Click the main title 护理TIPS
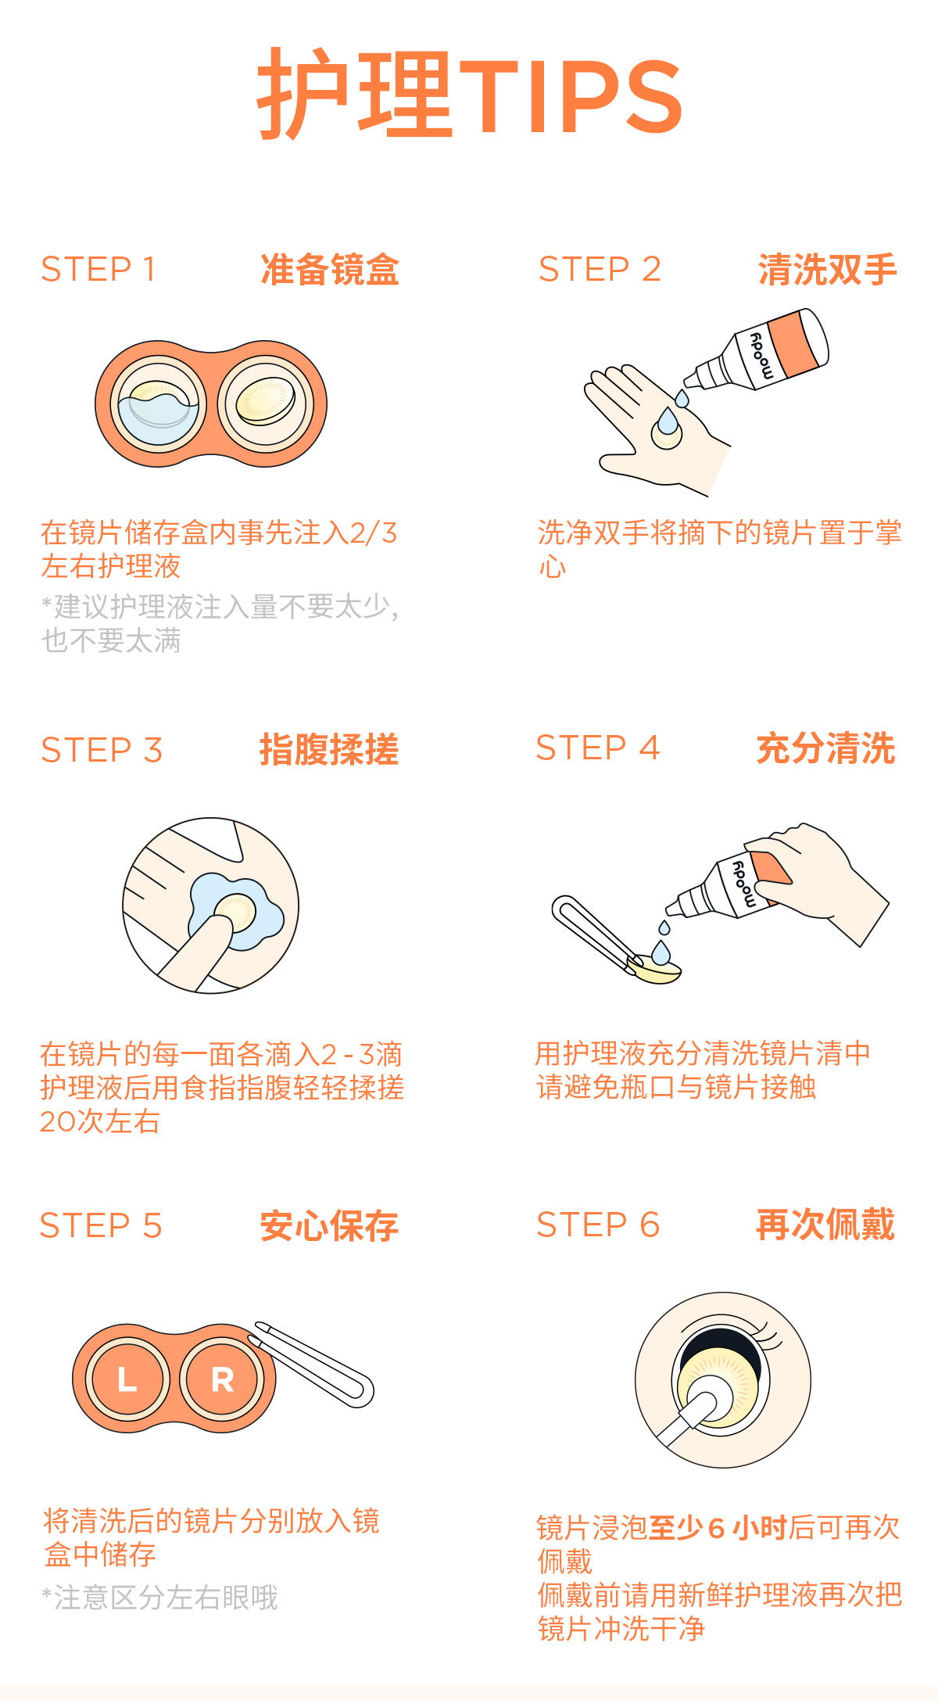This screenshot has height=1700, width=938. (470, 94)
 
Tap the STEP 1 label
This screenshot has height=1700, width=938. (98, 270)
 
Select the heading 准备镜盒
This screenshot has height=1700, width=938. (330, 270)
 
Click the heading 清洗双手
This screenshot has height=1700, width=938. (827, 270)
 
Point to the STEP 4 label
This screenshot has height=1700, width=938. (598, 748)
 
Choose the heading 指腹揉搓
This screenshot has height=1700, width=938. (329, 749)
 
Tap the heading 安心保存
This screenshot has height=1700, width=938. (329, 1225)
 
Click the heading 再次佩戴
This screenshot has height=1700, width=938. (825, 1225)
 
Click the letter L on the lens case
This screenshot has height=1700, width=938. (127, 1379)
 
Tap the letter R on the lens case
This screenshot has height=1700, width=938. (223, 1380)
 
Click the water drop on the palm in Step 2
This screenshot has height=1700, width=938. (668, 421)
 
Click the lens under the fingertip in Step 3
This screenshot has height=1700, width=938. (235, 912)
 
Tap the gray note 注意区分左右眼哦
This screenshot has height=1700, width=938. (161, 1598)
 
